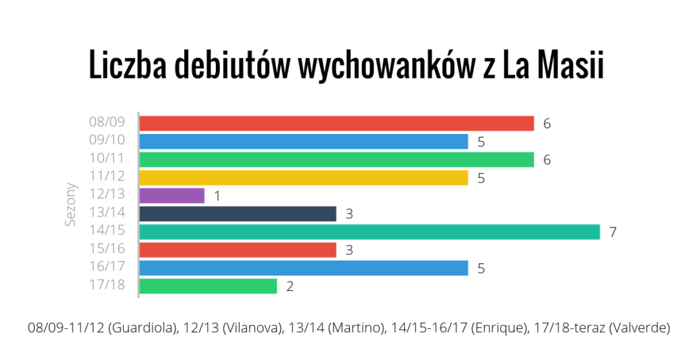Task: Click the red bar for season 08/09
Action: click(336, 123)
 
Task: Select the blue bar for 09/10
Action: click(303, 141)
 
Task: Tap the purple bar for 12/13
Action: click(172, 196)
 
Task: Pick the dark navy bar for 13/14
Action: click(238, 214)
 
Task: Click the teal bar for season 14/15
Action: click(370, 232)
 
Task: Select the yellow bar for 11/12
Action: click(303, 177)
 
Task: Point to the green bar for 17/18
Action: click(208, 286)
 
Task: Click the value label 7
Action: click(612, 232)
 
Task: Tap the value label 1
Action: click(217, 196)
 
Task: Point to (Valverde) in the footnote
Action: click(639, 328)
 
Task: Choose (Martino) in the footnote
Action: click(362, 328)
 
